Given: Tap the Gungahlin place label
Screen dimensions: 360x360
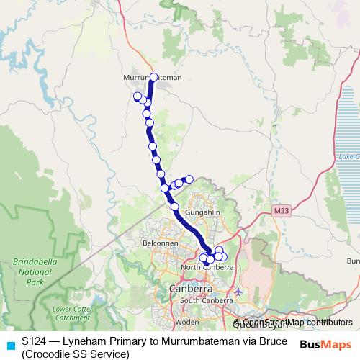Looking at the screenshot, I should coord(202,214).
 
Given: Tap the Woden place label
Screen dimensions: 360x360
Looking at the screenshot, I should coord(186,322).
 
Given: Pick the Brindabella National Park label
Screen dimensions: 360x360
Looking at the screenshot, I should coord(31,268).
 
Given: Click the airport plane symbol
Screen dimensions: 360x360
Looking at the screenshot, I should coord(239,292).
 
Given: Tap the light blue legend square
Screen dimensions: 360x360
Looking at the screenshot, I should coord(9,344).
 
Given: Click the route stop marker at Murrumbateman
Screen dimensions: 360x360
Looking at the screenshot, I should coord(153,76).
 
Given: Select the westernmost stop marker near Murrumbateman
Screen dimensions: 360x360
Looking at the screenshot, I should coord(137,96).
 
